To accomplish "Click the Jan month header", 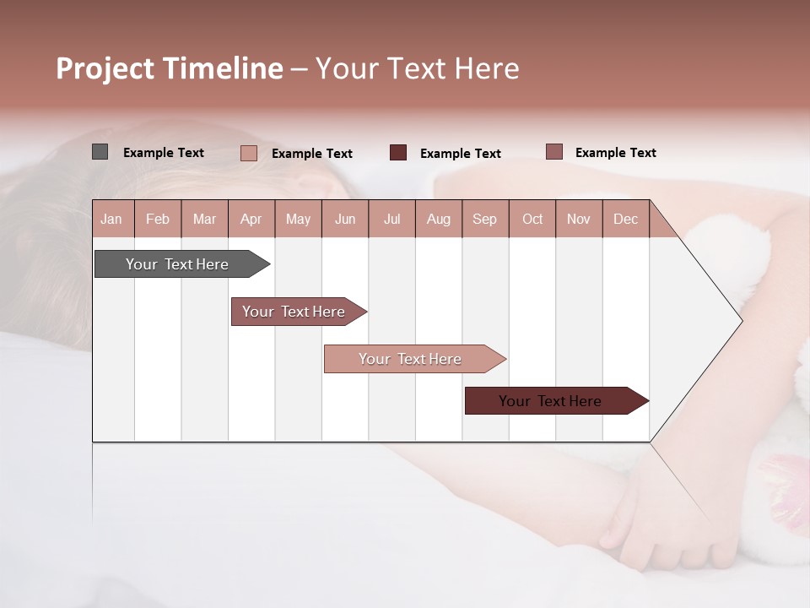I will (x=112, y=219).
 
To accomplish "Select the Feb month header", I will (x=158, y=219).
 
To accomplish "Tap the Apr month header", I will (x=251, y=219).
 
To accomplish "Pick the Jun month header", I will (x=345, y=219).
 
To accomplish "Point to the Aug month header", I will (x=438, y=219).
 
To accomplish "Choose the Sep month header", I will (x=484, y=219).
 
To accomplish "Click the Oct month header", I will (x=532, y=219).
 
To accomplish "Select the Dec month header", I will (x=625, y=219).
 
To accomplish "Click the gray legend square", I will (x=100, y=152).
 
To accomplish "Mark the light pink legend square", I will (x=248, y=153).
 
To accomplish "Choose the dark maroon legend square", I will (x=398, y=153).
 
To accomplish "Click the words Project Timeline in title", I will (x=170, y=68).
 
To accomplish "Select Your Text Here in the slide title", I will (x=418, y=68).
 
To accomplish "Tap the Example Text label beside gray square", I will (x=164, y=153).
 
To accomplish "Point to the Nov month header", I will (x=579, y=219).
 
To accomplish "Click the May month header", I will (x=298, y=219).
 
